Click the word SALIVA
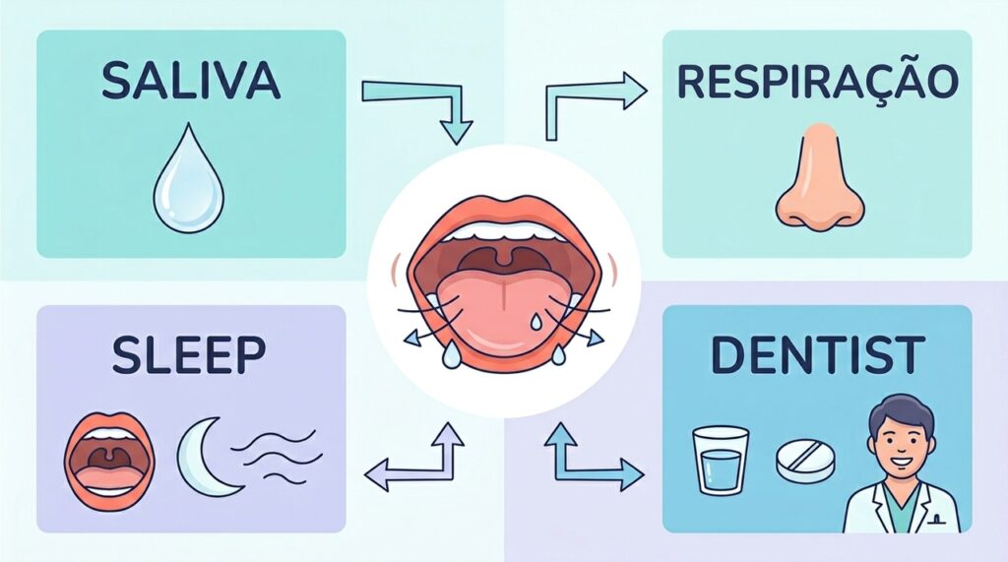coord(190,81)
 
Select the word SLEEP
coord(188,354)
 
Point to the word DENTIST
coord(818,355)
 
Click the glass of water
coord(720,461)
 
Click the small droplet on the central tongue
coord(535,321)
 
